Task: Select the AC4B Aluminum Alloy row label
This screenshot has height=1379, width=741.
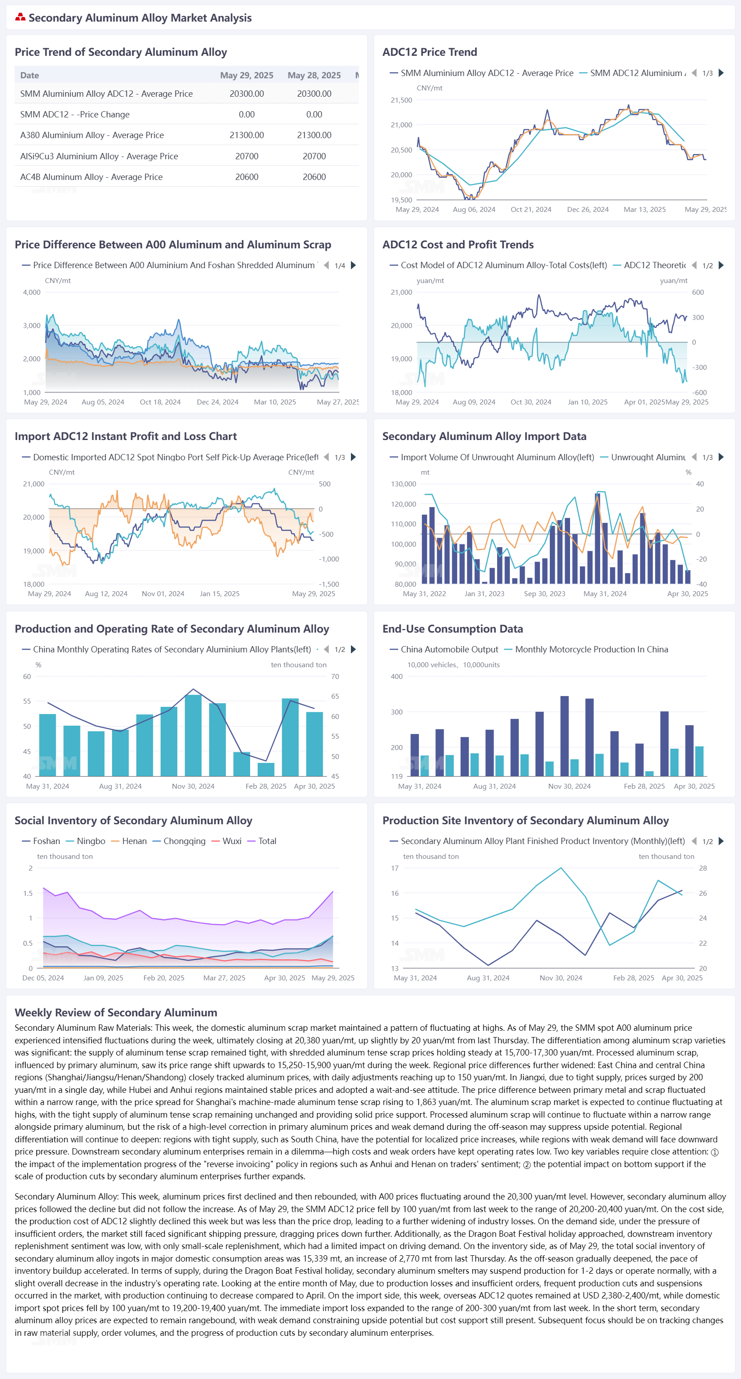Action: tap(91, 177)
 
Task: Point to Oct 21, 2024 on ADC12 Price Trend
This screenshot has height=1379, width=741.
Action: tap(530, 210)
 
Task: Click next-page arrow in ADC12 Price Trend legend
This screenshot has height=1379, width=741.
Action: tap(721, 73)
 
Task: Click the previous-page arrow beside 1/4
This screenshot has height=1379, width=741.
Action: tap(326, 265)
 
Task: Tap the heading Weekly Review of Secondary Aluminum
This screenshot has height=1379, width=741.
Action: tap(116, 1012)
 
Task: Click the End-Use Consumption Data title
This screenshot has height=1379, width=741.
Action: tap(453, 629)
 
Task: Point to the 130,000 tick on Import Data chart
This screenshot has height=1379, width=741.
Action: tap(403, 484)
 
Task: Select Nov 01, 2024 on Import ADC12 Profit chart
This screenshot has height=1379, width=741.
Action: tap(163, 594)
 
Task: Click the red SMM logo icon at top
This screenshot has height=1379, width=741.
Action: tap(20, 18)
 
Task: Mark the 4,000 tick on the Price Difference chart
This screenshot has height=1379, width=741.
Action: tap(31, 292)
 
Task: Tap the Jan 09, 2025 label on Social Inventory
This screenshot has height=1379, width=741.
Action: tap(103, 978)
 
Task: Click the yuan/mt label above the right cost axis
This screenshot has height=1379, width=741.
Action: tap(673, 280)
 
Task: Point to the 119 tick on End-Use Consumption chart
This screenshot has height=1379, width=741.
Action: tap(397, 776)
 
